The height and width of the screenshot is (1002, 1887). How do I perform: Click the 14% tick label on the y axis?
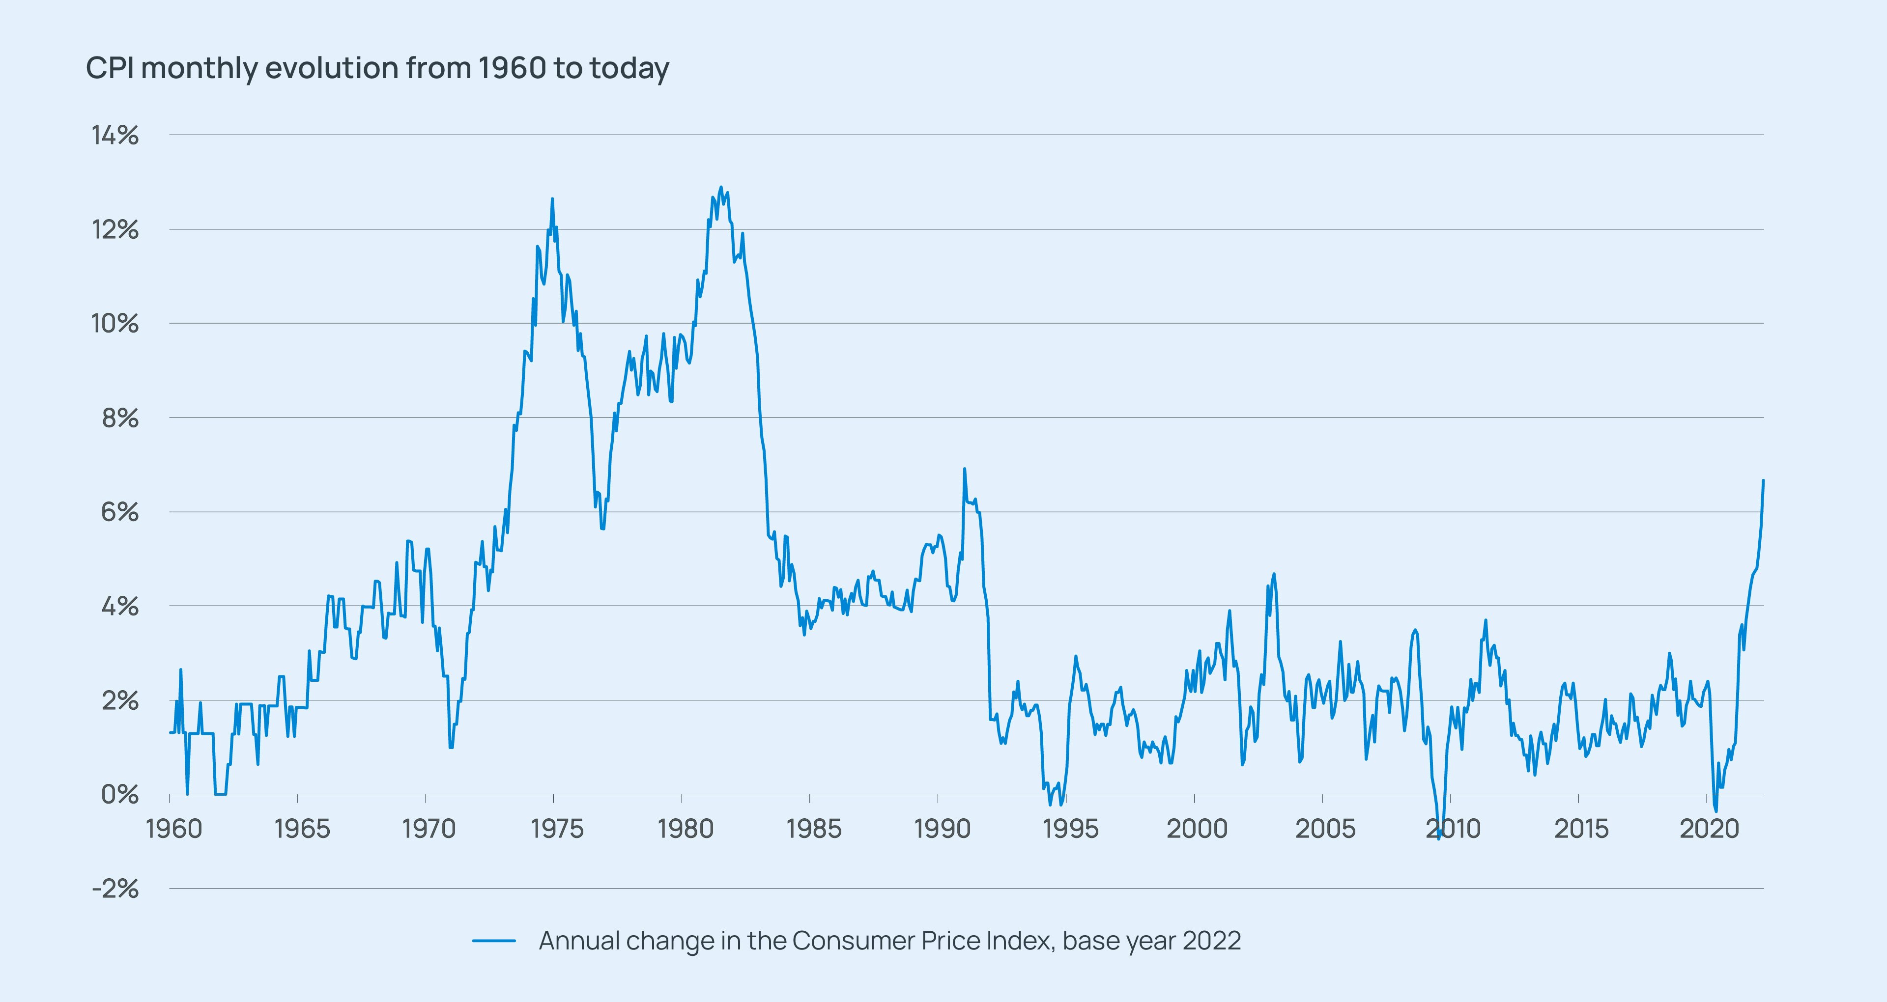[114, 136]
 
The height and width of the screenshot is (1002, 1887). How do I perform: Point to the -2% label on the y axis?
[114, 889]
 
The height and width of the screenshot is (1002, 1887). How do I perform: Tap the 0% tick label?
[119, 795]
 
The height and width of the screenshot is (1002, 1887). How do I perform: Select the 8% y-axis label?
[119, 418]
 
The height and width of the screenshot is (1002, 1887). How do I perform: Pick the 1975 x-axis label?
[557, 829]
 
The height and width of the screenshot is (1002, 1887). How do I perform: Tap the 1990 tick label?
[942, 829]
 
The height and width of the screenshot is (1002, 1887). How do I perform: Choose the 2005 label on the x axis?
[1325, 829]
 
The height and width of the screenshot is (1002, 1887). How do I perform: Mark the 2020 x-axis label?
[1709, 829]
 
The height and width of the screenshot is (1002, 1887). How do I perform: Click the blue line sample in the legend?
[494, 941]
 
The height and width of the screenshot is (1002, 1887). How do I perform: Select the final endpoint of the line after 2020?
[1763, 480]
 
